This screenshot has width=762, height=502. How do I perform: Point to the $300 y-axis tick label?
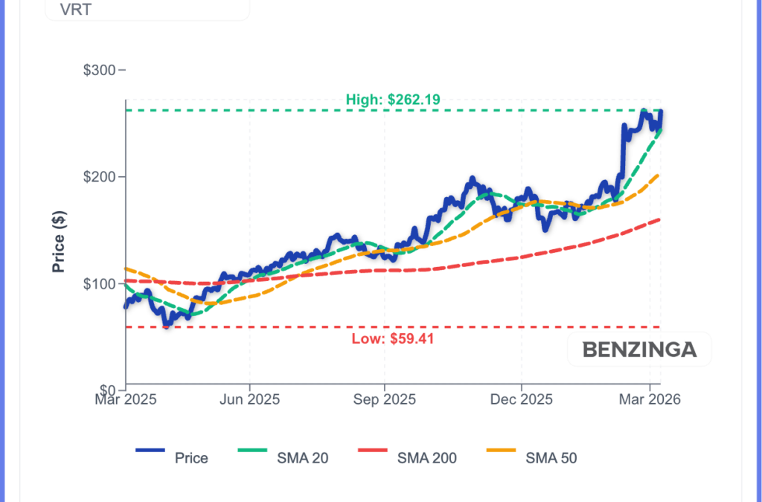coord(100,71)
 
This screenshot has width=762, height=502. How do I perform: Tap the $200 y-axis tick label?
coord(100,177)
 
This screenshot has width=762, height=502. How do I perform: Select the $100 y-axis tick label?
coord(100,284)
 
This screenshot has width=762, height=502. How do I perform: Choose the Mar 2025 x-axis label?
coord(125,400)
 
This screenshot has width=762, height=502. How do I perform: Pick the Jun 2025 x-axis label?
coord(250,400)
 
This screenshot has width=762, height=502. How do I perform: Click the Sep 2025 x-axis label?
coord(385,400)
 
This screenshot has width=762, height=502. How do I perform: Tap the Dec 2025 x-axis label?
coord(521,400)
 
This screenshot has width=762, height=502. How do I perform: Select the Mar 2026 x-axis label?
coord(650,400)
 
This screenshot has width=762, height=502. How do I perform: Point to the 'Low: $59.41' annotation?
coord(392,340)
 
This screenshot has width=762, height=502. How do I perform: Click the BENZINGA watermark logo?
coord(639,350)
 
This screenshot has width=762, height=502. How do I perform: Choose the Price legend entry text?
coord(191,458)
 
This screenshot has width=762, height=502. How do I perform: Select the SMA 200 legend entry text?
coord(427,458)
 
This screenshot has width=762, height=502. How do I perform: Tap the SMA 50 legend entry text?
coord(551,458)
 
